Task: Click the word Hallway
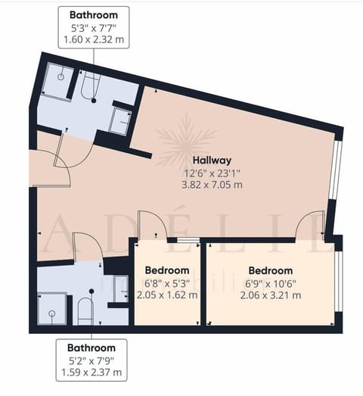pos(211,160)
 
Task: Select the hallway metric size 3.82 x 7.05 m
pos(211,184)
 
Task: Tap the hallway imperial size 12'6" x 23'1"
pos(211,172)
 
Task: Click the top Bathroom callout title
pos(93,14)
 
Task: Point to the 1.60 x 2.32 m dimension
pos(93,38)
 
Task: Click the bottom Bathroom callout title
pos(92,348)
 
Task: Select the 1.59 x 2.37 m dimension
pos(92,372)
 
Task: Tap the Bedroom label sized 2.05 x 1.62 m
pos(166,270)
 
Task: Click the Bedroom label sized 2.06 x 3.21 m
pos(271,270)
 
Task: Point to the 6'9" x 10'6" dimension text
pos(271,282)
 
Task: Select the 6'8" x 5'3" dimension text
pos(166,282)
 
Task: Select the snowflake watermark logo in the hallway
pos(185,139)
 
